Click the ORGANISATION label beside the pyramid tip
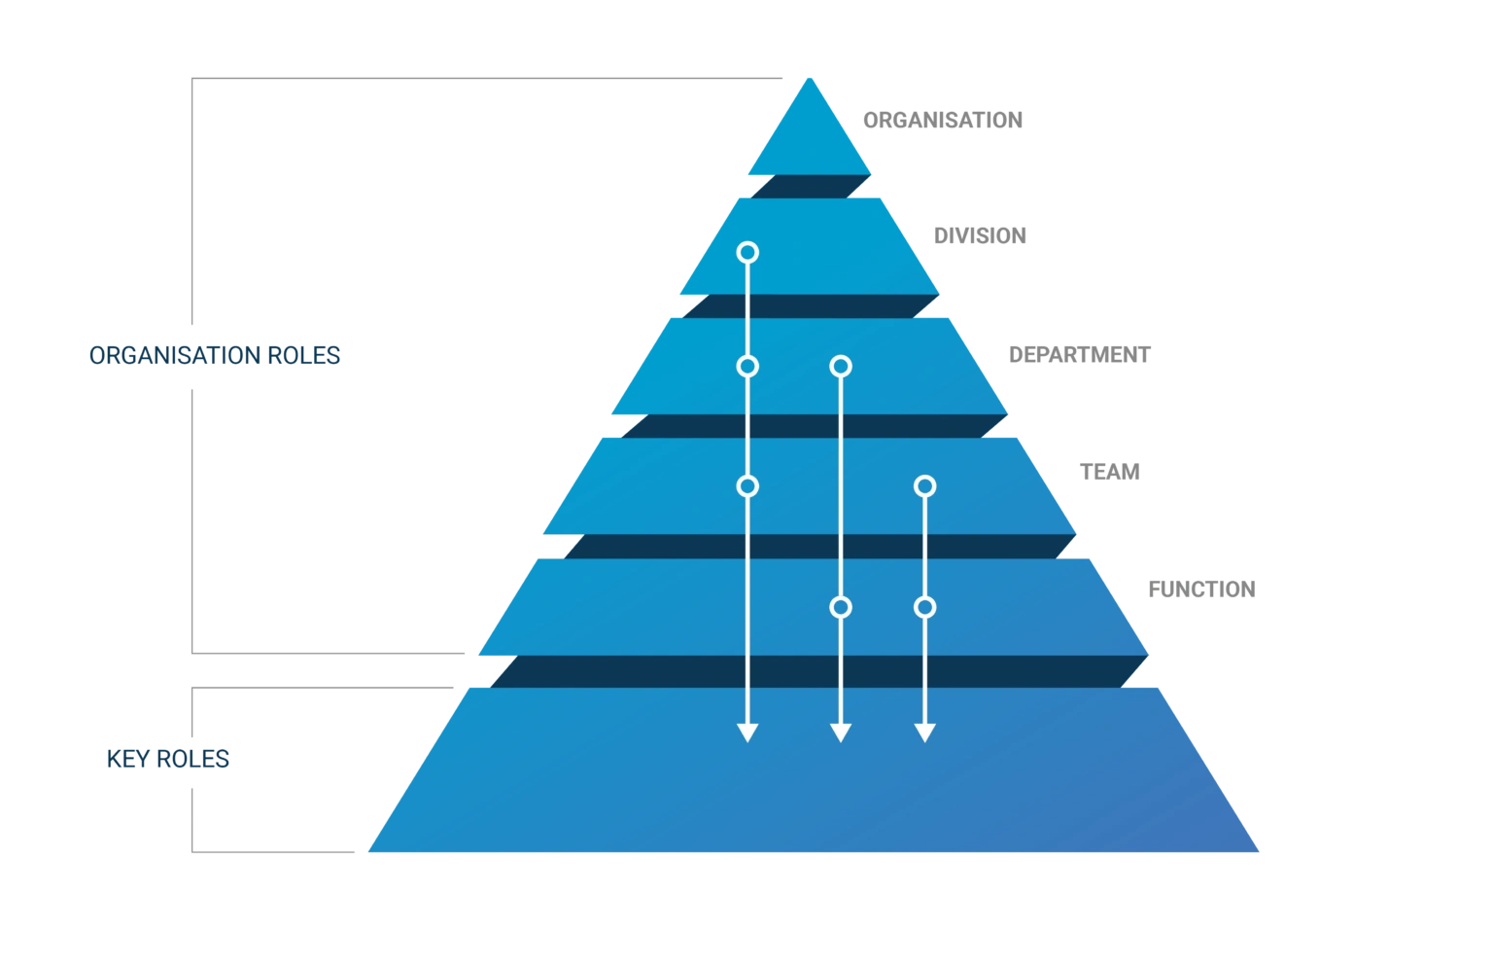[943, 120]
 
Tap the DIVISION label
[980, 235]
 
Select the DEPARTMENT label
[1080, 355]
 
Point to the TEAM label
[1110, 472]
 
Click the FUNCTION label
[1201, 590]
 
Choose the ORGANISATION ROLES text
[215, 355]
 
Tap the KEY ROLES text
[168, 759]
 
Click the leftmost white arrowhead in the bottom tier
[747, 733]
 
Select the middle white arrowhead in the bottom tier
[841, 733]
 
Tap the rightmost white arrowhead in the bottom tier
[924, 733]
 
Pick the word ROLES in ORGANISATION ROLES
[304, 355]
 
